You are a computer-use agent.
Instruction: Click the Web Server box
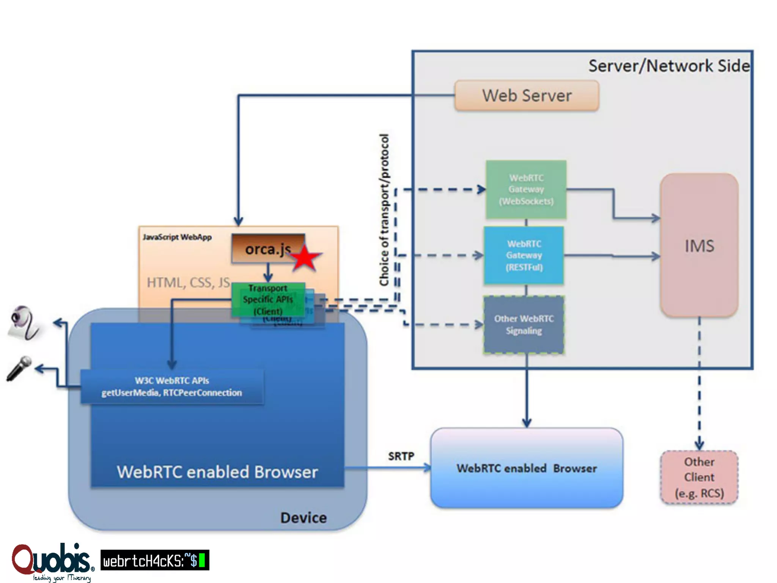(x=527, y=96)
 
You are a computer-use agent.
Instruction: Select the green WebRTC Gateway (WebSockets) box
(x=526, y=189)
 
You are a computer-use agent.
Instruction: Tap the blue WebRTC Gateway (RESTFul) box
(x=524, y=255)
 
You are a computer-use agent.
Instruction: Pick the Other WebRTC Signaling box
(x=524, y=325)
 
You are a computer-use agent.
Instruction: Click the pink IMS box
(x=699, y=246)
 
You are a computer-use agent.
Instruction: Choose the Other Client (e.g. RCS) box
(x=699, y=477)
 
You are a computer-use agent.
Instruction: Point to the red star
(x=305, y=258)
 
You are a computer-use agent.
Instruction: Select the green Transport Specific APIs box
(x=268, y=299)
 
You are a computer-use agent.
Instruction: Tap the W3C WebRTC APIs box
(x=172, y=386)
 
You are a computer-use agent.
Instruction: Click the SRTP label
(x=401, y=456)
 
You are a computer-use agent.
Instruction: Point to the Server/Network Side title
(x=669, y=66)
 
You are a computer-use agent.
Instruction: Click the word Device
(x=304, y=518)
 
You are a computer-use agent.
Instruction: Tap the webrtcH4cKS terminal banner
(x=155, y=560)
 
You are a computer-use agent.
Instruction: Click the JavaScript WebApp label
(x=177, y=237)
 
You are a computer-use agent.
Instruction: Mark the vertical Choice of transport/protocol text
(x=384, y=210)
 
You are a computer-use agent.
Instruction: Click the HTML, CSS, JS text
(x=188, y=282)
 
